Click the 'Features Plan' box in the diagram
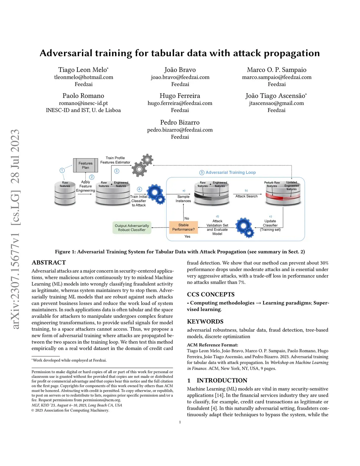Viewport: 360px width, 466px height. click(x=85, y=165)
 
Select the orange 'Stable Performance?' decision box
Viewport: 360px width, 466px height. click(x=184, y=227)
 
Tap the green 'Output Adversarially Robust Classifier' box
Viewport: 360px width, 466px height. click(x=132, y=228)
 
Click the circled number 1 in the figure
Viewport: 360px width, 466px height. click(x=62, y=170)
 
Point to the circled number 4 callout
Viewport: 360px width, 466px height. click(x=139, y=189)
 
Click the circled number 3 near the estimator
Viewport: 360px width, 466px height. click(x=117, y=171)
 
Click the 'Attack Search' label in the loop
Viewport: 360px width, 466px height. click(x=246, y=196)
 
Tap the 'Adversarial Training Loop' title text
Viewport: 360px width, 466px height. click(x=231, y=172)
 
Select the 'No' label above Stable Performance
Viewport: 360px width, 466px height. click(x=187, y=218)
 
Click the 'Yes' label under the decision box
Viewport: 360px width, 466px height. click(x=187, y=237)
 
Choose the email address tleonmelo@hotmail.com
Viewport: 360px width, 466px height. click(x=84, y=77)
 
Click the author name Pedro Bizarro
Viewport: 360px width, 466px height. click(x=180, y=122)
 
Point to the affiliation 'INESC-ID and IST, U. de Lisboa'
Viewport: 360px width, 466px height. click(x=83, y=110)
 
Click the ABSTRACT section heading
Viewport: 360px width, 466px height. click(x=49, y=262)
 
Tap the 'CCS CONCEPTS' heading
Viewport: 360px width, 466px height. click(x=211, y=294)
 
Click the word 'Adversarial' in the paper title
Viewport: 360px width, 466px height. click(x=66, y=53)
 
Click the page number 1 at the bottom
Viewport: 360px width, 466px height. click(x=180, y=422)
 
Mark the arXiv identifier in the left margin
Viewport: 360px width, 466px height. click(x=15, y=229)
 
